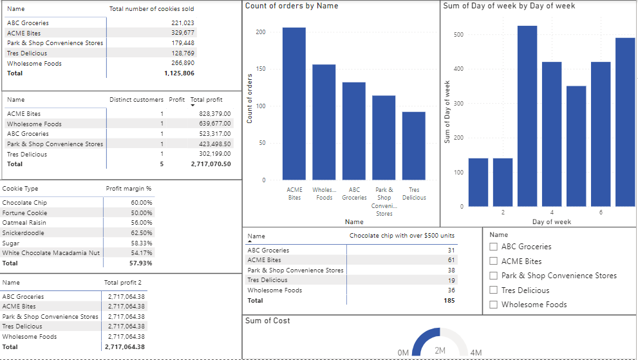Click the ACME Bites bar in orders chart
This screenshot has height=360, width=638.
(294, 103)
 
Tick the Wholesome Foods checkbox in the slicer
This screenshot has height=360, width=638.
(494, 305)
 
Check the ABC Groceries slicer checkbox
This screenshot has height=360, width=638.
(494, 247)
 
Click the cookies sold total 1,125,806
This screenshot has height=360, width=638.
(179, 73)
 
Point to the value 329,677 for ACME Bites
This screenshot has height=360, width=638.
(182, 33)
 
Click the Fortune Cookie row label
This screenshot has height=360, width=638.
(24, 213)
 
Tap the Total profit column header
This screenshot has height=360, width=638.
(207, 100)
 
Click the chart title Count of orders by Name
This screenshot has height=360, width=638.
(292, 6)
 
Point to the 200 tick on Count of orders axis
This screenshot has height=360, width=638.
(260, 32)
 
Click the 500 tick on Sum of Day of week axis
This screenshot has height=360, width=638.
(458, 34)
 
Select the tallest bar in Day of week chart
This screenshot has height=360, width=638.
(527, 116)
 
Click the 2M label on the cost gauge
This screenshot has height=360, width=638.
(440, 350)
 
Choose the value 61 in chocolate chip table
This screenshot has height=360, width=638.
(451, 260)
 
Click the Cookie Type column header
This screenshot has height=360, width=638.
(21, 189)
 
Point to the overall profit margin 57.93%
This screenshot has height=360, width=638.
(141, 263)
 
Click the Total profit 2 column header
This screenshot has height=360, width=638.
(122, 283)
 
